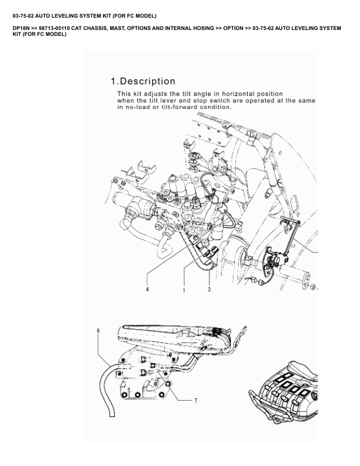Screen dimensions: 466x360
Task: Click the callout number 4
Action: [x=147, y=289]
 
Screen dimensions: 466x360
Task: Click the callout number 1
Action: [x=184, y=289]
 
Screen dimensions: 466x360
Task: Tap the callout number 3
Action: [x=209, y=289]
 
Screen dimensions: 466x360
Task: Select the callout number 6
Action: [x=99, y=331]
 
